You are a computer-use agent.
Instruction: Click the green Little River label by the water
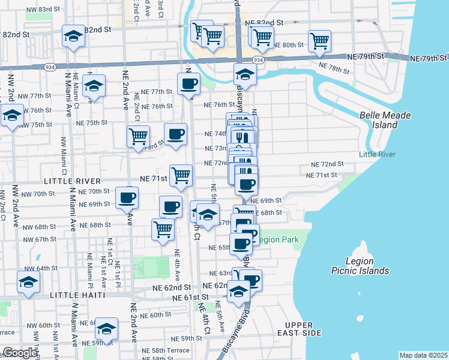(x=377, y=154)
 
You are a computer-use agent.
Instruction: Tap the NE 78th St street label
(x=334, y=68)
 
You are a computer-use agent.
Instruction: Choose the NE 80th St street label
(x=289, y=45)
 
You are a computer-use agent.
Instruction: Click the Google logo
(x=20, y=353)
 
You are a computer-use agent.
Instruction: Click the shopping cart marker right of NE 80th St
(x=319, y=41)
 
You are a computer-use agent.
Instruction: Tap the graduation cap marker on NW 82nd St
(x=74, y=37)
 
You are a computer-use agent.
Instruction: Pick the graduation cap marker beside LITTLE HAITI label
(x=28, y=282)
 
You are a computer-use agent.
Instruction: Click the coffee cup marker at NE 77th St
(x=188, y=84)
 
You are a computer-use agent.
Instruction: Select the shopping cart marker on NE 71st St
(x=181, y=175)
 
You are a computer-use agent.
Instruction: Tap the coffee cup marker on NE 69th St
(x=126, y=197)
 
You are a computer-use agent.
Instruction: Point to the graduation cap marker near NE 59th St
(x=107, y=328)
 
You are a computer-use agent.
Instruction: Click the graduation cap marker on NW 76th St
(x=12, y=116)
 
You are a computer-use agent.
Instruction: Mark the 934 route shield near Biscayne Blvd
(x=258, y=60)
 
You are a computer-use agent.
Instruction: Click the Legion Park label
(x=277, y=239)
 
